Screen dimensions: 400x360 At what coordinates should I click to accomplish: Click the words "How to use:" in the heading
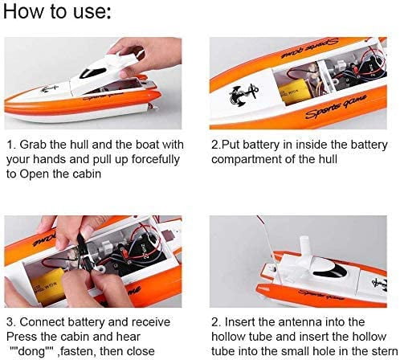coord(57,11)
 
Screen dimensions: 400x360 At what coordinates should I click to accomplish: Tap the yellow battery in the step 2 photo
coord(294,91)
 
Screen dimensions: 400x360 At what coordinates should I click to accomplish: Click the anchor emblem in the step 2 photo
coord(243,94)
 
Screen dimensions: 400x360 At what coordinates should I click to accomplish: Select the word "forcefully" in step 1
coord(156,160)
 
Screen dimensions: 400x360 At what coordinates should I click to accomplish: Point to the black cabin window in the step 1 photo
coord(92,72)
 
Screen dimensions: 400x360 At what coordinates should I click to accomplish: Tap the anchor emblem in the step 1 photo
coord(49,88)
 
